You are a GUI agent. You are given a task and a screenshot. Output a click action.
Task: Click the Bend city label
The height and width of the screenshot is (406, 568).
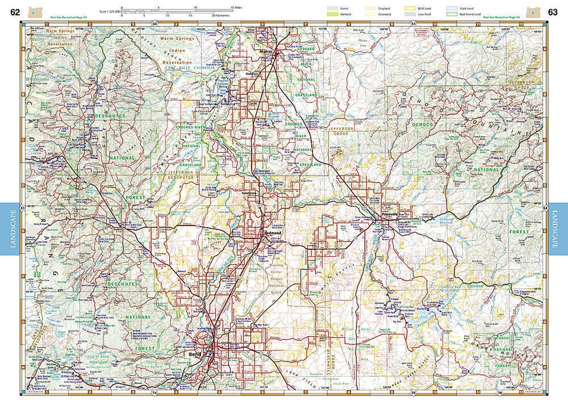194,353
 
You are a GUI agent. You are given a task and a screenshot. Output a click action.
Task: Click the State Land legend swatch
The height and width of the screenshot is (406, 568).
448,8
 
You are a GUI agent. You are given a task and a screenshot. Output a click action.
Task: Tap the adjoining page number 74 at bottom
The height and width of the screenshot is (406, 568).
155,392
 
